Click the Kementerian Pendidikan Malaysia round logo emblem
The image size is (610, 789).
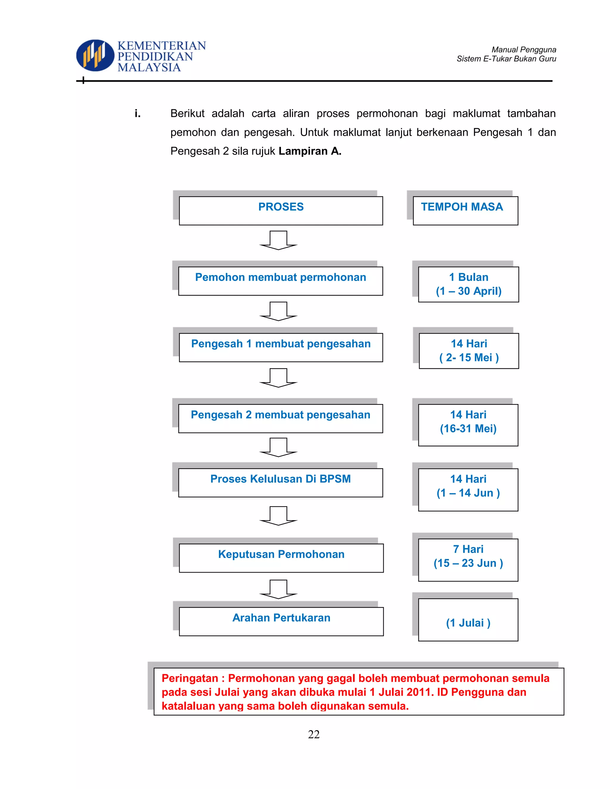tap(95, 55)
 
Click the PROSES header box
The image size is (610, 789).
tap(281, 210)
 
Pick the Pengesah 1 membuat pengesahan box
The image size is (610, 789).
tap(281, 347)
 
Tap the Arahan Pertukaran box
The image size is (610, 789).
tap(281, 621)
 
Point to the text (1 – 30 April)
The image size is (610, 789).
tap(469, 291)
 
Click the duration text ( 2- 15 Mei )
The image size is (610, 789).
tap(469, 358)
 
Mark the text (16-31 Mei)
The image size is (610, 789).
tap(468, 428)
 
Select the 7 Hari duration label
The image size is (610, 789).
tap(468, 549)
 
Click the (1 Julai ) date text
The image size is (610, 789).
tap(468, 623)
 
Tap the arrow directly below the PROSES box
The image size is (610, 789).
tap(278, 240)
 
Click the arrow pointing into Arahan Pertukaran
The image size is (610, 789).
tap(278, 589)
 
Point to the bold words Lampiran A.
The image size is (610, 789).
tap(310, 151)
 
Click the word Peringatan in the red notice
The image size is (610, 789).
tap(190, 678)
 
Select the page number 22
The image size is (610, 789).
tap(314, 735)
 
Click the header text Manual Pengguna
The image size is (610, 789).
tap(524, 49)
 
